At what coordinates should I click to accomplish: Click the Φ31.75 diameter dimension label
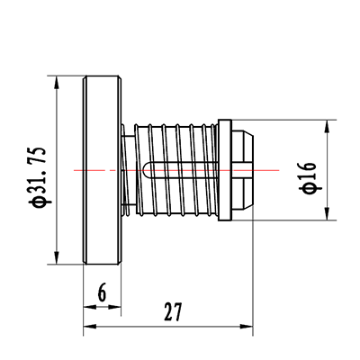click(38, 177)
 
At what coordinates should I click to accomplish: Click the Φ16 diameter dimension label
click(308, 177)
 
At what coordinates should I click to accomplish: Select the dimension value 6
click(103, 292)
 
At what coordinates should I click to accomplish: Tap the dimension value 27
click(173, 312)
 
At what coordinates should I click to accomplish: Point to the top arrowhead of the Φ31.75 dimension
click(56, 82)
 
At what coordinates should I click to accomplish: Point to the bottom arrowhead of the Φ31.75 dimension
click(56, 258)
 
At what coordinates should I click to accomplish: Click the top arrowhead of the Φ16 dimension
click(327, 126)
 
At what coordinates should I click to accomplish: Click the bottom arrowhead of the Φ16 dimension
click(327, 214)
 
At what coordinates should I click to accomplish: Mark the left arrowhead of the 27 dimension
click(89, 327)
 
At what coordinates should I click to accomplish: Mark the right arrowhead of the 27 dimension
click(247, 327)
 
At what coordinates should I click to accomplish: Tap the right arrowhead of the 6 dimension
click(114, 307)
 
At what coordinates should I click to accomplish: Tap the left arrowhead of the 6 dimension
click(89, 307)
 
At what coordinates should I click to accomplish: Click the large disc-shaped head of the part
click(102, 170)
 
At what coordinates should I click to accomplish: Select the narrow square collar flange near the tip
click(225, 170)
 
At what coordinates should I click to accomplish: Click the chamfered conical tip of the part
click(243, 170)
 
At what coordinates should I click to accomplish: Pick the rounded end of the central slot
click(146, 170)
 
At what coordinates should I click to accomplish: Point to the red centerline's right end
click(279, 170)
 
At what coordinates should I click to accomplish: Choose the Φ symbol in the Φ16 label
click(308, 188)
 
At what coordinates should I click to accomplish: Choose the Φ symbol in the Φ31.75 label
click(38, 202)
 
